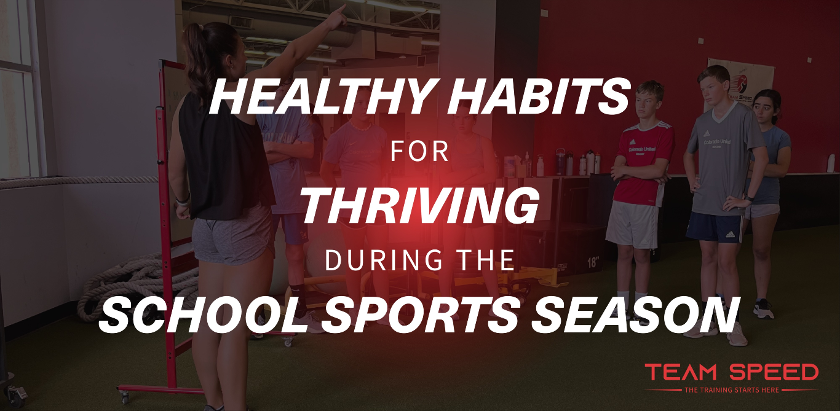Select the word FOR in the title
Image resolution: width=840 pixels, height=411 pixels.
click(x=419, y=151)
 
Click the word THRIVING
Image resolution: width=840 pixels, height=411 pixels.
click(x=419, y=206)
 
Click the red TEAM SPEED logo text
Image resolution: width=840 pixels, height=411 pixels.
click(x=732, y=372)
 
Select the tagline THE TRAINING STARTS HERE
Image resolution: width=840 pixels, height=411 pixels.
click(x=732, y=390)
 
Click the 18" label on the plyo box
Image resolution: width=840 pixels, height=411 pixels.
click(x=592, y=262)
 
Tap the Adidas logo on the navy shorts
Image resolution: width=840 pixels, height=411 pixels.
click(x=730, y=235)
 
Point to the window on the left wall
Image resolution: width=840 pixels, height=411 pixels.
click(x=18, y=88)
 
